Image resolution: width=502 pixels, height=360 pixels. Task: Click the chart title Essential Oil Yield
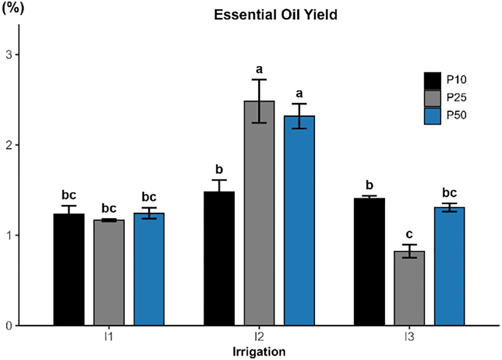click(x=276, y=15)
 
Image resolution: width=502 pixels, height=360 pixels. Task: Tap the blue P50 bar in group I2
click(x=299, y=221)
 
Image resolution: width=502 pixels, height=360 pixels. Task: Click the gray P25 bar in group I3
click(x=409, y=288)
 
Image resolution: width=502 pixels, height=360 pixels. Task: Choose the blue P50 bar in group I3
click(x=449, y=267)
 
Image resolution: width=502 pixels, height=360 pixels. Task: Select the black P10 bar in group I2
click(x=219, y=258)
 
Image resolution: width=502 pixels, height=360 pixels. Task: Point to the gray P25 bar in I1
click(x=109, y=273)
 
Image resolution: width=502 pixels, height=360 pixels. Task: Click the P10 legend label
click(x=457, y=80)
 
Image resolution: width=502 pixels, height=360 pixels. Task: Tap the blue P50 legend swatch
click(x=432, y=116)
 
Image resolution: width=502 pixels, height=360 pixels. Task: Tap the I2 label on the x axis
click(x=259, y=337)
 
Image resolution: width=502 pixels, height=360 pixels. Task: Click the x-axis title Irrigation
click(x=259, y=352)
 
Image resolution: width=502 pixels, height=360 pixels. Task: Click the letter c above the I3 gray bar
click(x=409, y=234)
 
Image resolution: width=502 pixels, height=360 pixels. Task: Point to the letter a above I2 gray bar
click(x=259, y=70)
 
